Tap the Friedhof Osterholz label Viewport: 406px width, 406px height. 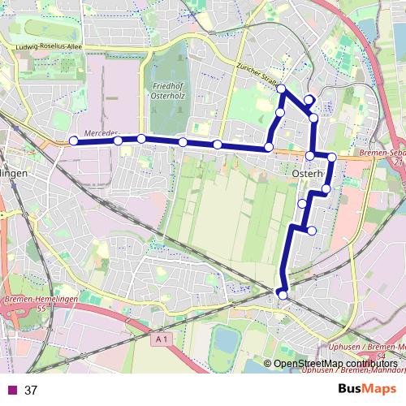[168, 89]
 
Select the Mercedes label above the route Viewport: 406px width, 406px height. [101, 132]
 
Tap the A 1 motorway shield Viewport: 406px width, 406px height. [161, 339]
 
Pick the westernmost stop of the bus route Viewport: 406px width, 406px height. [73, 140]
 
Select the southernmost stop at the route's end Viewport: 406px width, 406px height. [283, 295]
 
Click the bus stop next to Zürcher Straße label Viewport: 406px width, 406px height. [281, 89]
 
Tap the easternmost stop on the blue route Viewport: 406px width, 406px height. [331, 157]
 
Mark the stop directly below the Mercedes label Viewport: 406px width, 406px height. [118, 140]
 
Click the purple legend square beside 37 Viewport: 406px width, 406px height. [11, 391]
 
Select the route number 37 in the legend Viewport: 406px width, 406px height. [32, 391]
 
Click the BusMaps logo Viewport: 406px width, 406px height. [369, 389]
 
